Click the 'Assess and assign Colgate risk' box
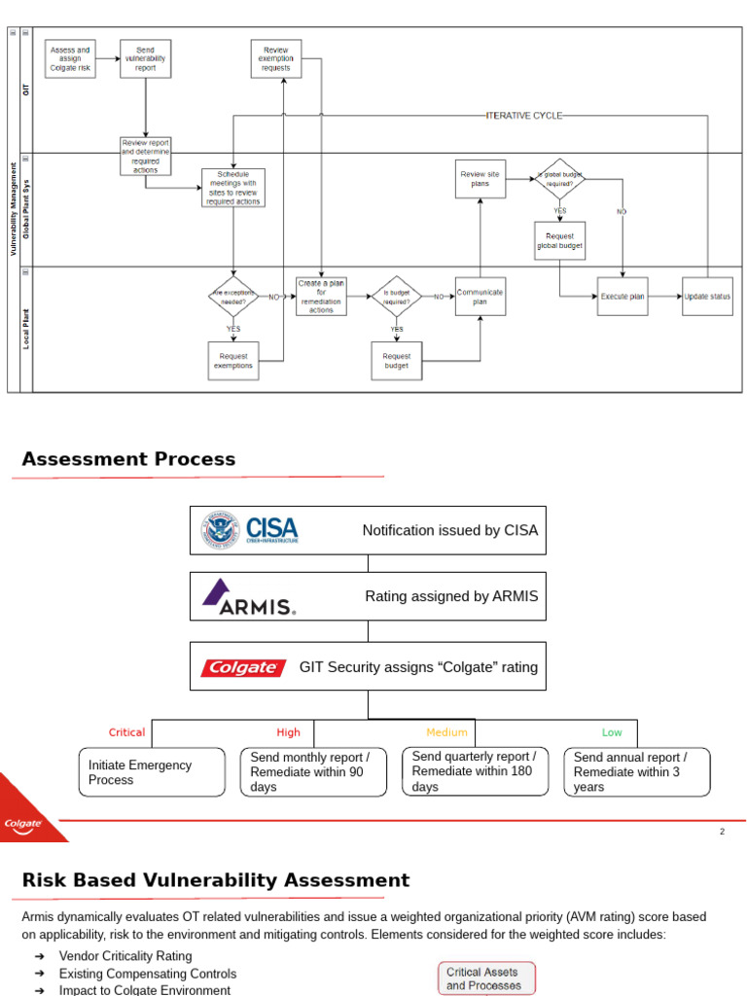pyautogui.click(x=70, y=58)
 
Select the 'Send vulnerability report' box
pyautogui.click(x=145, y=58)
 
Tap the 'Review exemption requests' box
pyautogui.click(x=275, y=58)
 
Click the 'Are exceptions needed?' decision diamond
pyautogui.click(x=232, y=297)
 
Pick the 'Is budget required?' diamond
pyautogui.click(x=396, y=297)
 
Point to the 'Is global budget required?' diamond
pyautogui.click(x=559, y=179)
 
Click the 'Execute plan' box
pyautogui.click(x=622, y=297)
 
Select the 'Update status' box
pyautogui.click(x=707, y=297)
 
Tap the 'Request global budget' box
pyautogui.click(x=559, y=241)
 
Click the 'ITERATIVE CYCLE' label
pyautogui.click(x=524, y=116)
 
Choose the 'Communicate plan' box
pyautogui.click(x=480, y=297)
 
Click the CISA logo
pyautogui.click(x=250, y=530)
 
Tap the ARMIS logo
pyautogui.click(x=249, y=597)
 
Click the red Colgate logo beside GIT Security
pyautogui.click(x=243, y=667)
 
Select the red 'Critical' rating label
pyautogui.click(x=126, y=732)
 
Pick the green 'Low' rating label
pyautogui.click(x=612, y=732)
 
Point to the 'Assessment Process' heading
pyautogui.click(x=128, y=459)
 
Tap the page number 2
pyautogui.click(x=722, y=832)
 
